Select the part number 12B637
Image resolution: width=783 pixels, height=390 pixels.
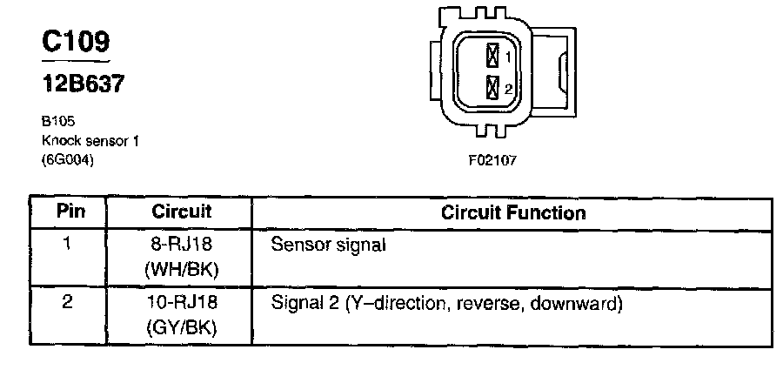pyautogui.click(x=83, y=84)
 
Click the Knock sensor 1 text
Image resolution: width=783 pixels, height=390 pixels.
pyautogui.click(x=90, y=140)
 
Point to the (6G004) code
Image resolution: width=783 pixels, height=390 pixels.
pyautogui.click(x=67, y=159)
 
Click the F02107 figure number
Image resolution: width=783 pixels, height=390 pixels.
pyautogui.click(x=492, y=160)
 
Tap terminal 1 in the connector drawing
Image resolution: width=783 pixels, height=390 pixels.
pyautogui.click(x=492, y=57)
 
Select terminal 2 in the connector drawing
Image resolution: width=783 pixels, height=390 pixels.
pyautogui.click(x=492, y=88)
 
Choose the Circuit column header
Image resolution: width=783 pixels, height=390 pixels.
pyautogui.click(x=182, y=212)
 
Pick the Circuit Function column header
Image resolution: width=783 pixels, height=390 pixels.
pyautogui.click(x=513, y=212)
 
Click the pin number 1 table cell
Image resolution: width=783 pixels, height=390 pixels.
pyautogui.click(x=67, y=245)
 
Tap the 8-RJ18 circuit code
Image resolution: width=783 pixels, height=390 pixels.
pyautogui.click(x=182, y=245)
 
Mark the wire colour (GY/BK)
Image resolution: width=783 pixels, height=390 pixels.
pyautogui.click(x=182, y=330)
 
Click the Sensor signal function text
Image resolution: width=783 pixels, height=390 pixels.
pyautogui.click(x=328, y=245)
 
